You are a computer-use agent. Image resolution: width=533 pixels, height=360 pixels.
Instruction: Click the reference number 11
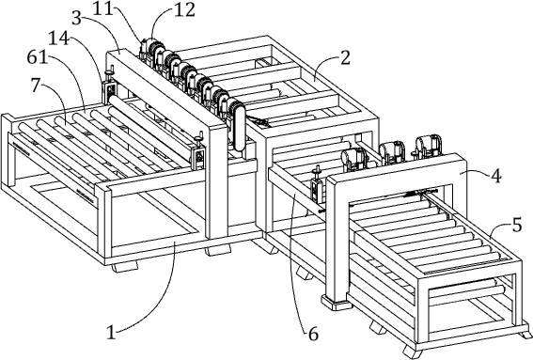[102, 8]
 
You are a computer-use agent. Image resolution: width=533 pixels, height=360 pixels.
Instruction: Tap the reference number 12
[185, 10]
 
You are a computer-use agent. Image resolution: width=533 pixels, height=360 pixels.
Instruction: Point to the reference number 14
[59, 38]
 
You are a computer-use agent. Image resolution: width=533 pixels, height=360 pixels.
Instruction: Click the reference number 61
[37, 57]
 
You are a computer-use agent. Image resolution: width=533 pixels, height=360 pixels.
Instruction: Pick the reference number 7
[37, 85]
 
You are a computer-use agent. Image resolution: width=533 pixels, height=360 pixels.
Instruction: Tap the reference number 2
[345, 58]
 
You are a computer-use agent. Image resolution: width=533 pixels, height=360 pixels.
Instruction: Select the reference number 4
[496, 176]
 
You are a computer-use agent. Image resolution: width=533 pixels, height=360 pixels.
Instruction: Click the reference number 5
[517, 226]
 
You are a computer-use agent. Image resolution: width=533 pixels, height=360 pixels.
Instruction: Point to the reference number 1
[111, 332]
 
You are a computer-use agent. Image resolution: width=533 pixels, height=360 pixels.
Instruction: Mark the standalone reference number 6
[313, 335]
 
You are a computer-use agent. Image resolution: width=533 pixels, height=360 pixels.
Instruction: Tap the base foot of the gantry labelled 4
[337, 303]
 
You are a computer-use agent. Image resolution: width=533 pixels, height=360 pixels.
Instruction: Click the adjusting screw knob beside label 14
[109, 74]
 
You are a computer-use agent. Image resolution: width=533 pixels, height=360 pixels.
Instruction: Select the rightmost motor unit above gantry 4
[429, 146]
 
